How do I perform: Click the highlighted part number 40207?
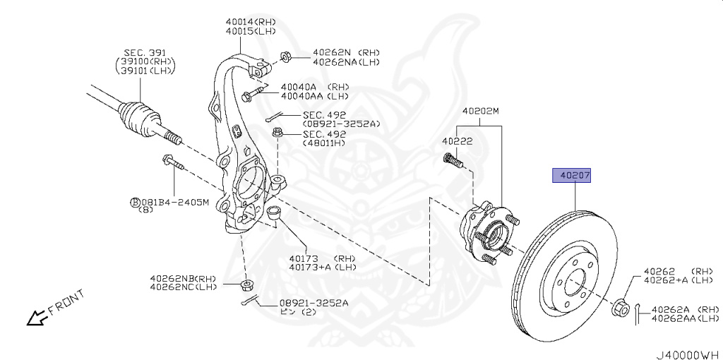pos(571,175)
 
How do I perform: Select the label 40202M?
pos(480,112)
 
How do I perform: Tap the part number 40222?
pos(457,141)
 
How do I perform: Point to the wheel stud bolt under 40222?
pos(453,160)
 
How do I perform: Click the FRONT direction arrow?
pos(36,317)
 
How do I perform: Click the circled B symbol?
pos(135,203)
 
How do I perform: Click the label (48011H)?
pos(324,143)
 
